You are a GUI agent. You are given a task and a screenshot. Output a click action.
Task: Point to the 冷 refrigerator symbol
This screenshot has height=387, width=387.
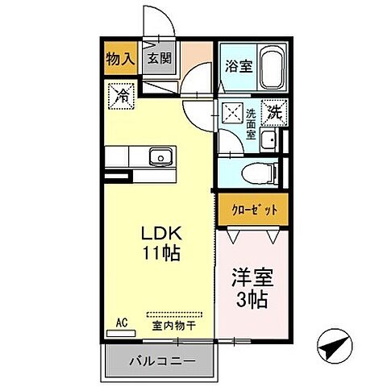pyautogui.click(x=120, y=95)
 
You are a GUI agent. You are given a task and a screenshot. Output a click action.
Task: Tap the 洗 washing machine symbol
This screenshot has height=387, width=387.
pyautogui.click(x=273, y=111)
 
